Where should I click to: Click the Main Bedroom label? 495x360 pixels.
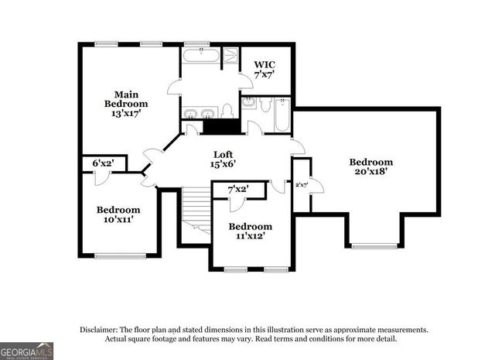[126, 104]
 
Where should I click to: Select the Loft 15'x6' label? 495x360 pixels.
[223, 158]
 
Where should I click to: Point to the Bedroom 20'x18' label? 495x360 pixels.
[370, 167]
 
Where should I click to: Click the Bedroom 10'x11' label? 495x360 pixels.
[118, 214]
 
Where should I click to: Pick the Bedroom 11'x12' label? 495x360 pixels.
[250, 230]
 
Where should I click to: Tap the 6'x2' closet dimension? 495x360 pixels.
[102, 163]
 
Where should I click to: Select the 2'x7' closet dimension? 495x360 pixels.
[302, 184]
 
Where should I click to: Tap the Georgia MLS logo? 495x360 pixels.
[26, 351]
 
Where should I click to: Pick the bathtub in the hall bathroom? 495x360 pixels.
[282, 116]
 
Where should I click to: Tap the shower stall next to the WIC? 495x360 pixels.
[230, 55]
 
